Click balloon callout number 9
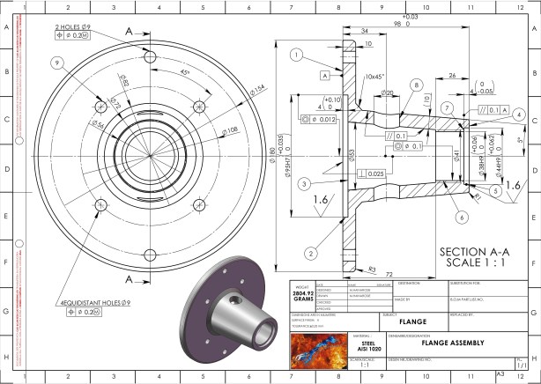pos(58,63)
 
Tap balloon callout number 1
pos(297,55)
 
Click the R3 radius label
pos(372,268)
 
